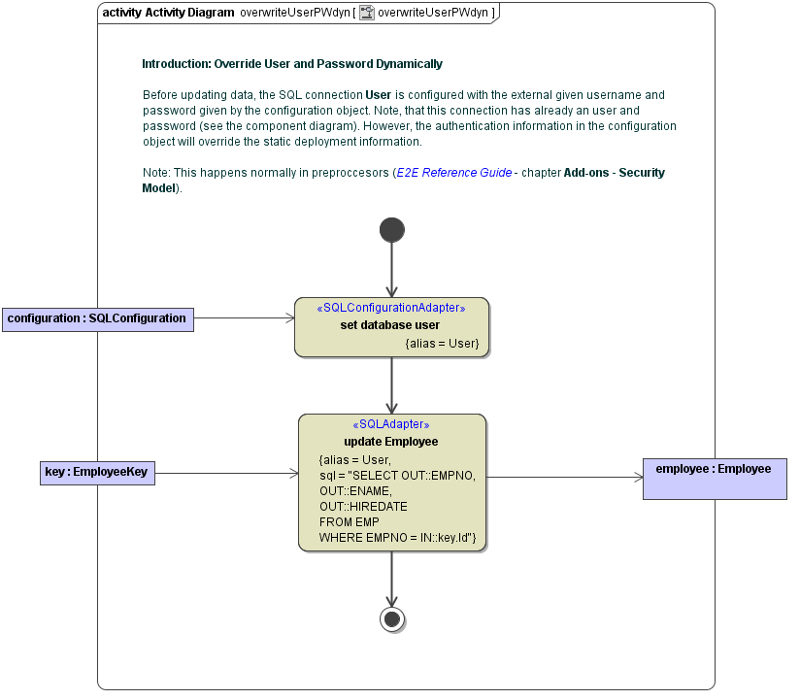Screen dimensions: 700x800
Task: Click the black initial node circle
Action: coord(392,229)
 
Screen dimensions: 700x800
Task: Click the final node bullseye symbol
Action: coord(392,619)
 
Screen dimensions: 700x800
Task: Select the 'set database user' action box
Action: coord(391,326)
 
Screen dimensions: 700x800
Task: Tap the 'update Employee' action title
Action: coord(391,442)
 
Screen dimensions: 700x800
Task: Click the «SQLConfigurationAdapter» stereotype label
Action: coord(391,308)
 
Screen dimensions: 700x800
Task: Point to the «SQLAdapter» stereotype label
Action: coord(391,424)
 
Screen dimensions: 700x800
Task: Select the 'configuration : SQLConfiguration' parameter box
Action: coord(97,318)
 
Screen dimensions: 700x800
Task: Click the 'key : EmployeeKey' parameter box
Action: coord(97,473)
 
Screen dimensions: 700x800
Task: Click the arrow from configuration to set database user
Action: coord(244,317)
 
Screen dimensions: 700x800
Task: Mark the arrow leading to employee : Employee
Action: coord(564,477)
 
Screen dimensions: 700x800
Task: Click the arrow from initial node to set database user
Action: coord(392,269)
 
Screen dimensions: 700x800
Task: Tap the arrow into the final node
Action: coord(392,579)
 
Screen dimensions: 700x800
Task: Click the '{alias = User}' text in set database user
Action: coord(442,344)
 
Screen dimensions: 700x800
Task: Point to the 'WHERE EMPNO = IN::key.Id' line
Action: coord(396,537)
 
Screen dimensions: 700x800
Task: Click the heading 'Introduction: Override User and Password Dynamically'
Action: coord(292,64)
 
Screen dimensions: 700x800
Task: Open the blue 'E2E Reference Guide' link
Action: coord(454,173)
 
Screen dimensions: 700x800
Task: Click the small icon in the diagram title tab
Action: coord(367,13)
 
